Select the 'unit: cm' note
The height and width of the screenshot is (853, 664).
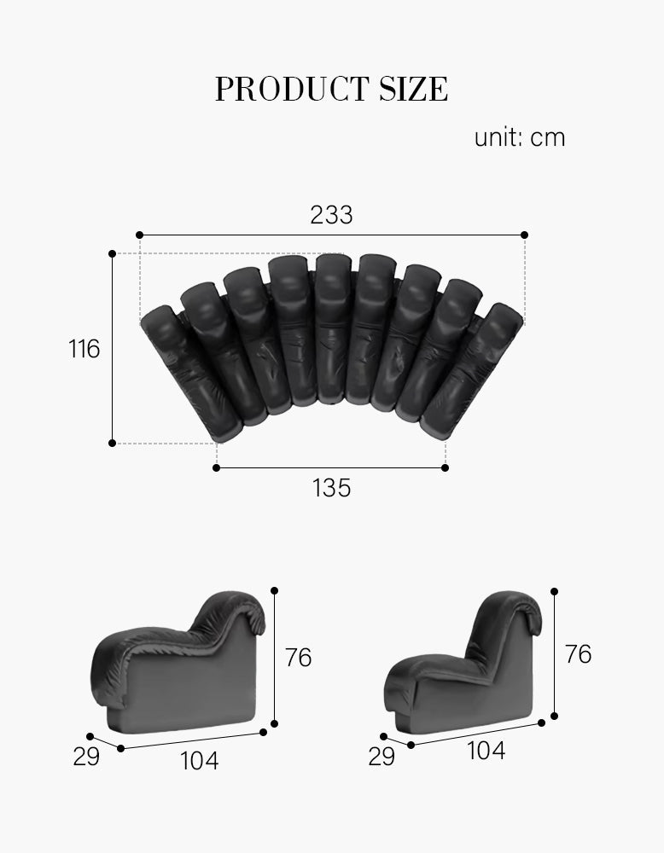[519, 138]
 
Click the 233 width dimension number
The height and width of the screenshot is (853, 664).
[331, 215]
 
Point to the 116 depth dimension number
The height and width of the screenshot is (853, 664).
[84, 349]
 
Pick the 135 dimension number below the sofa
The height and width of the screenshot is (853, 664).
[331, 489]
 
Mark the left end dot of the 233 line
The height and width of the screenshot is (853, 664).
[140, 235]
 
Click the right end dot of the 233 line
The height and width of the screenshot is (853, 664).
[524, 235]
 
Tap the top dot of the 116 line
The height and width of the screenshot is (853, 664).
[113, 253]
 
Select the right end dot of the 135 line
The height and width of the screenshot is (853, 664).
[446, 467]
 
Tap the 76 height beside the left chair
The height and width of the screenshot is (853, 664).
[299, 658]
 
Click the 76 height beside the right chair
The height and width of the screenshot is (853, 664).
[578, 654]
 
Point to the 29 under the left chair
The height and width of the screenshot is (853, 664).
[86, 757]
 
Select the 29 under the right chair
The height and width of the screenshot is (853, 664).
[382, 757]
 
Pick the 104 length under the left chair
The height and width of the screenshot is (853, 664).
[199, 760]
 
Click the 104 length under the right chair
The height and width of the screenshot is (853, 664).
[486, 751]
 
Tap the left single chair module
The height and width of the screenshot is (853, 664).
[183, 665]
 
